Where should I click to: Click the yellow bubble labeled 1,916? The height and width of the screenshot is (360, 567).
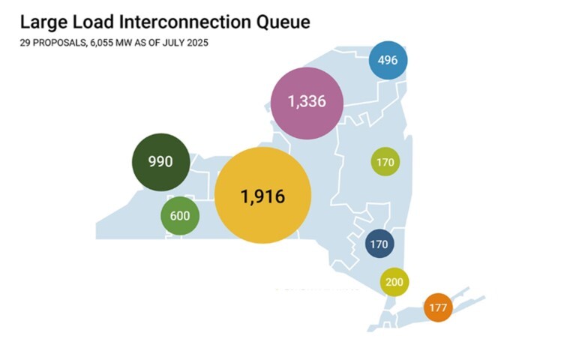tap(262, 196)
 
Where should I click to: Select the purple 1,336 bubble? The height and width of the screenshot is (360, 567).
tap(306, 102)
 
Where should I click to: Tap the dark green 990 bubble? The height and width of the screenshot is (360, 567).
tap(160, 161)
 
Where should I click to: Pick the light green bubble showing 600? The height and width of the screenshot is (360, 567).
tap(181, 217)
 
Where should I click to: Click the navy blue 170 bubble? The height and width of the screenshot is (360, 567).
tap(379, 244)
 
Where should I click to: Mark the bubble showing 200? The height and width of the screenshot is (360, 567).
tap(394, 282)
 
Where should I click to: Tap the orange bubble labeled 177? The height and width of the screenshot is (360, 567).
tap(438, 307)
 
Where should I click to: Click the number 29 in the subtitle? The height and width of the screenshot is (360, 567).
tap(25, 43)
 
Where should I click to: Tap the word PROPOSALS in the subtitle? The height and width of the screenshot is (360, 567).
tap(59, 43)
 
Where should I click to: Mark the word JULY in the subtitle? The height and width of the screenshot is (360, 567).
tap(175, 43)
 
